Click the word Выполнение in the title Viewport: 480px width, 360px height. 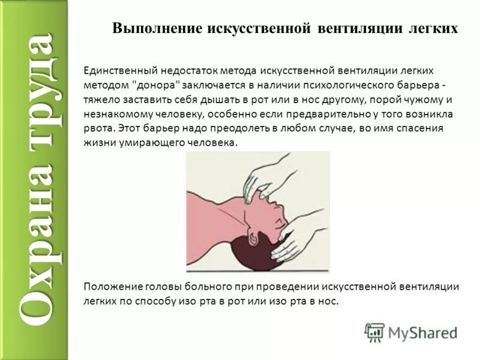click(x=157, y=29)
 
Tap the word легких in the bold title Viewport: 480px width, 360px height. click(x=430, y=29)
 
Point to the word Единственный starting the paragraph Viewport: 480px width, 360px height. click(x=117, y=71)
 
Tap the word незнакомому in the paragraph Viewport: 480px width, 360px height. click(x=115, y=114)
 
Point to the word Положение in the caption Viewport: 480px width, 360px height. click(x=108, y=287)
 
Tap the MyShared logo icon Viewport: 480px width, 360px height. click(x=375, y=332)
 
